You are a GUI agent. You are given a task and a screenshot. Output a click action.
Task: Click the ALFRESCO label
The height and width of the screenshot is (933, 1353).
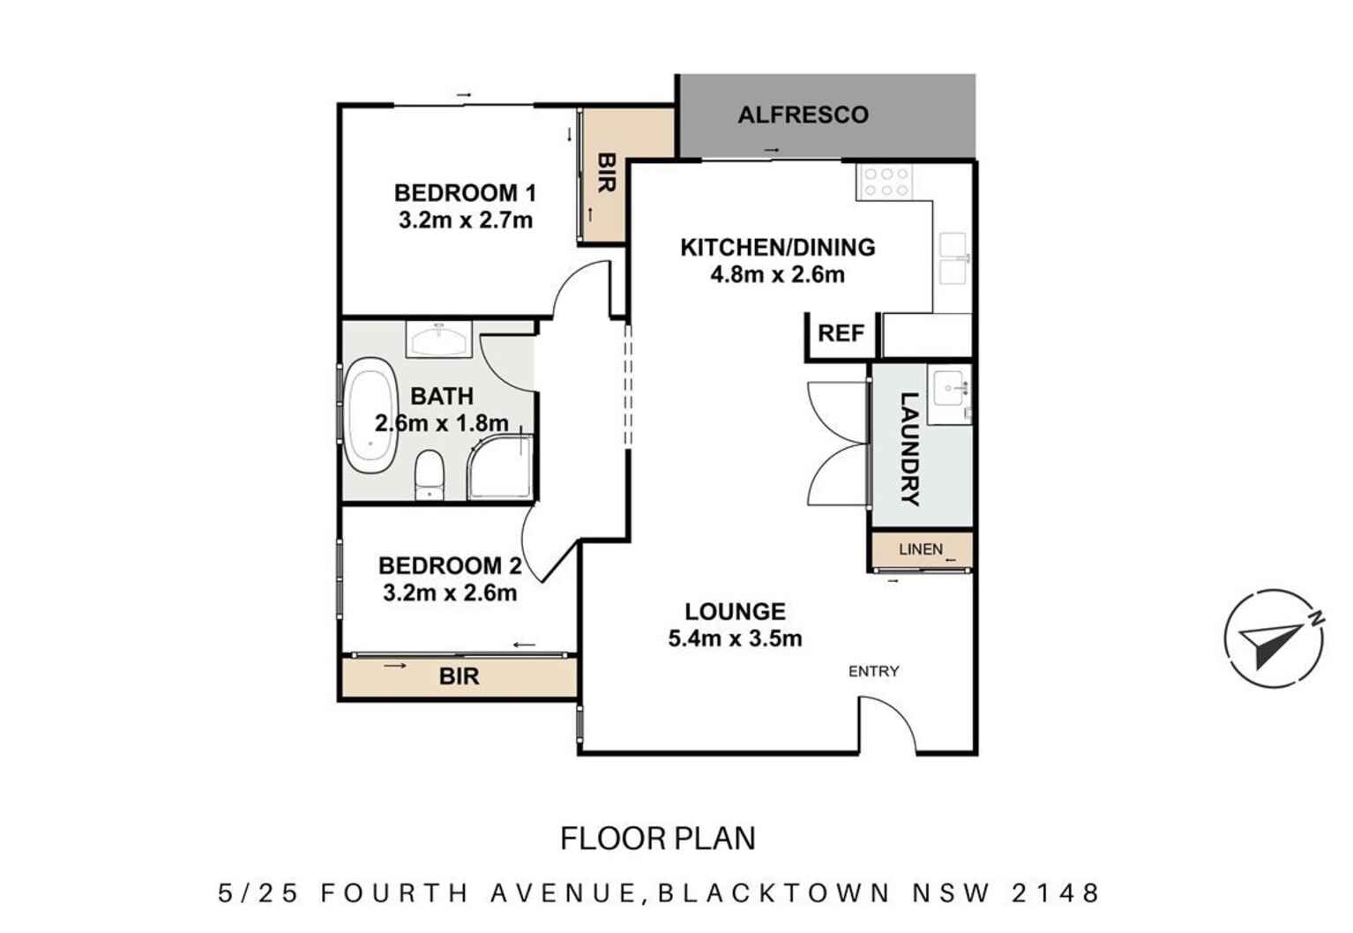pos(803,115)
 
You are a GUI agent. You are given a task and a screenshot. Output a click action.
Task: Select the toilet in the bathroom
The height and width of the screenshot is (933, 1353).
pos(430,474)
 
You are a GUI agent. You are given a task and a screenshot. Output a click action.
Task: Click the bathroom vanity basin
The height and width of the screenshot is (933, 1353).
pos(438,339)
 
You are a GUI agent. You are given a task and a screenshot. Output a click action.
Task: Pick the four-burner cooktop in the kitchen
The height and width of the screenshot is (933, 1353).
pos(886,183)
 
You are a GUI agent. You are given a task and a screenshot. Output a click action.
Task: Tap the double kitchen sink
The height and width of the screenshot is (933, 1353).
pos(953,258)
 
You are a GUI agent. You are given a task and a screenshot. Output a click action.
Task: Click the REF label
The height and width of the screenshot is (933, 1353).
pos(841,333)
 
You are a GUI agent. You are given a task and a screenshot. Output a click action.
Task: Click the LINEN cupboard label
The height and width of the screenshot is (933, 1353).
pos(920,549)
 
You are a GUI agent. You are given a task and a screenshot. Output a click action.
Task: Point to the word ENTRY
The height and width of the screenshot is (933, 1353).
pos(873,671)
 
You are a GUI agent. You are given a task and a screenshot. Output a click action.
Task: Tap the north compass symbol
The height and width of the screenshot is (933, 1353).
pos(1274,638)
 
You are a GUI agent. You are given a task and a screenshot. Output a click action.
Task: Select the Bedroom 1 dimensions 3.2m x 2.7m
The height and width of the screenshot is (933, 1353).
pos(465,220)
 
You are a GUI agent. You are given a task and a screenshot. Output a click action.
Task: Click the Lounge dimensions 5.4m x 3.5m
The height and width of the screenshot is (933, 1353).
pos(735,638)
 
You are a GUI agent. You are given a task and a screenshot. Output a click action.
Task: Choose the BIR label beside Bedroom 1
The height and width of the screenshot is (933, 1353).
pos(606,174)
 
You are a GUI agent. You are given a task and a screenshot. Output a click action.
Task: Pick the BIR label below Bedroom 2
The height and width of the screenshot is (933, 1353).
pos(459,676)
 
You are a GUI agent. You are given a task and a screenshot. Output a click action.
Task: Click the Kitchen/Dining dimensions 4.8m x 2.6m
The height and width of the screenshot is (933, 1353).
pos(777,275)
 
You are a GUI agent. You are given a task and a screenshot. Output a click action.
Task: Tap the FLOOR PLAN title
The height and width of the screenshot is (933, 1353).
pos(658,838)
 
